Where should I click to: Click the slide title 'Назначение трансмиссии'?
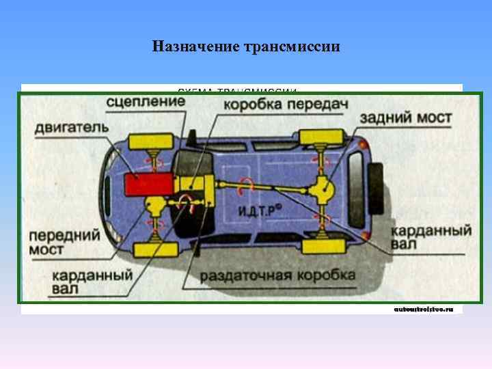pyautogui.click(x=246, y=47)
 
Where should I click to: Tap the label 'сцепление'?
pyautogui.click(x=145, y=102)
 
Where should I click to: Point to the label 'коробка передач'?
pyautogui.click(x=286, y=105)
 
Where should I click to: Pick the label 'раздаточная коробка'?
pyautogui.click(x=277, y=275)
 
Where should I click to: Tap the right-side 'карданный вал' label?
pyautogui.click(x=432, y=236)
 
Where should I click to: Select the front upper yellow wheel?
pyautogui.click(x=154, y=141)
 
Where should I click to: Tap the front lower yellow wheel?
pyautogui.click(x=155, y=249)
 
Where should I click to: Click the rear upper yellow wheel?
pyautogui.click(x=321, y=135)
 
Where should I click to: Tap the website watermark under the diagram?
pyautogui.click(x=424, y=309)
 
